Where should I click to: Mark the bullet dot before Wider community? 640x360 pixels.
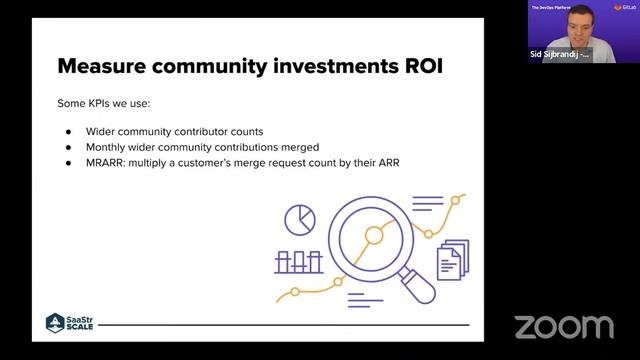click(x=69, y=132)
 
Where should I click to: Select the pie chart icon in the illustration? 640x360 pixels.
click(x=299, y=219)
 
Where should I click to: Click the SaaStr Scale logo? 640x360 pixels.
click(x=69, y=323)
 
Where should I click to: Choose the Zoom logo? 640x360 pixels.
click(x=563, y=326)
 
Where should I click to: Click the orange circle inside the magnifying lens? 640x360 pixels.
click(x=374, y=236)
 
